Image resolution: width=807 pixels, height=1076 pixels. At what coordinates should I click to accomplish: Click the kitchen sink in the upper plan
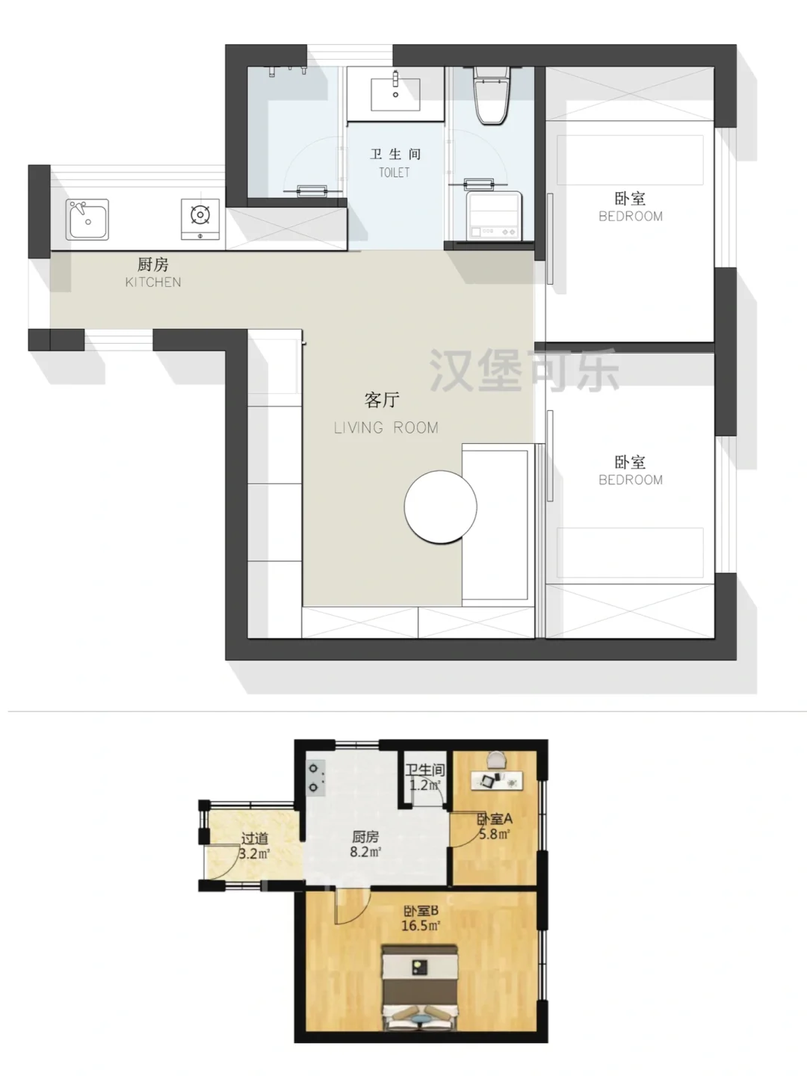87,219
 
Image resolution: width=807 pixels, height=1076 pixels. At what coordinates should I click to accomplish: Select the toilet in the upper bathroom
492,95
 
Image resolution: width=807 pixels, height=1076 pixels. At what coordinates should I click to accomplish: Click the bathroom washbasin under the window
395,94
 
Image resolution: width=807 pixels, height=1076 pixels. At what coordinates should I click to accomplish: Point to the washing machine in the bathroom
494,216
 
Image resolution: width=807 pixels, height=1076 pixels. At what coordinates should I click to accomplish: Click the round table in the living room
441,507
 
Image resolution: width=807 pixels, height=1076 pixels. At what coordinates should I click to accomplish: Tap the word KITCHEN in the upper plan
153,282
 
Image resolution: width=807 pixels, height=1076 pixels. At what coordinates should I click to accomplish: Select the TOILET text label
395,173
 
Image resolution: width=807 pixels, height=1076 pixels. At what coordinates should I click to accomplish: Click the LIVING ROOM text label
386,428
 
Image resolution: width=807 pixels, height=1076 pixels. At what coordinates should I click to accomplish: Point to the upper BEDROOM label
631,216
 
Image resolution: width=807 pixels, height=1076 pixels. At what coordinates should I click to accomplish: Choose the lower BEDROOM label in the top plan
631,480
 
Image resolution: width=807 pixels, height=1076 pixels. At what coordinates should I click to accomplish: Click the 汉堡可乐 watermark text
525,371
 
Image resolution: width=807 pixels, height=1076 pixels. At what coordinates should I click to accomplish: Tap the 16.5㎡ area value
421,926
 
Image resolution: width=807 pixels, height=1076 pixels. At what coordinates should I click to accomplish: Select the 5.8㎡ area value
495,834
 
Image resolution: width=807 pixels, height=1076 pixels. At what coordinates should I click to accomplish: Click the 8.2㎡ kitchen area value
365,852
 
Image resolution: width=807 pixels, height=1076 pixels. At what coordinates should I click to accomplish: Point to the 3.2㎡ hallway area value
254,854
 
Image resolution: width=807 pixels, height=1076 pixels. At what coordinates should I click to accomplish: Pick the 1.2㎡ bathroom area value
425,785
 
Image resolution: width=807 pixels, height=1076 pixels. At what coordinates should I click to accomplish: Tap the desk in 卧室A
497,780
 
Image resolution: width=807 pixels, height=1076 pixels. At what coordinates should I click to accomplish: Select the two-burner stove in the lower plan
316,777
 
